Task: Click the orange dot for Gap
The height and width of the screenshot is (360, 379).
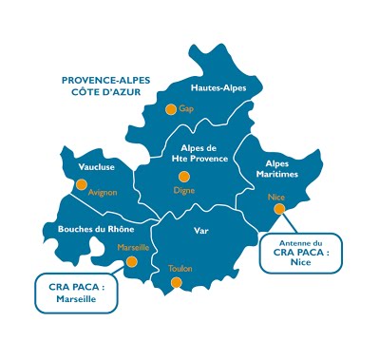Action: pyautogui.click(x=171, y=109)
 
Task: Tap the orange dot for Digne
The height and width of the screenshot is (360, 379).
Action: pyautogui.click(x=184, y=176)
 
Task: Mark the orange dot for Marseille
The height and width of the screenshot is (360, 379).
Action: pyautogui.click(x=132, y=261)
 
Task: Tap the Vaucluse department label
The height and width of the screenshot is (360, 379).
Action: pyautogui.click(x=97, y=167)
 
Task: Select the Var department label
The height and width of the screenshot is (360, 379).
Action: pyautogui.click(x=199, y=231)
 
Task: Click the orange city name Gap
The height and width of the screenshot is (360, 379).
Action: pyautogui.click(x=186, y=109)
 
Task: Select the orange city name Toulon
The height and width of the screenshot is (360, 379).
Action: pyautogui.click(x=180, y=269)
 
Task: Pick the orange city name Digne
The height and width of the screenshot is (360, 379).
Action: pyautogui.click(x=184, y=190)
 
